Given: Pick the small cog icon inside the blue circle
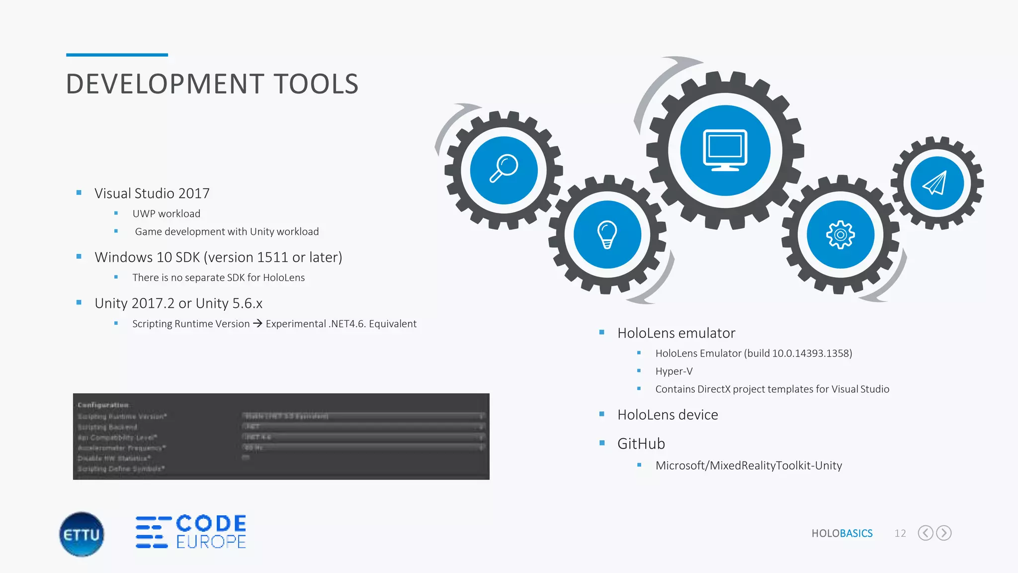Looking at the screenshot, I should tap(840, 235).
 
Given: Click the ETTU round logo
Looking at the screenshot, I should tap(82, 534).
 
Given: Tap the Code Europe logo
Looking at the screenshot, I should tap(191, 532).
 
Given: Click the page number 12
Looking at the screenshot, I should tap(900, 533).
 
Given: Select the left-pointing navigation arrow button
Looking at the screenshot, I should tap(925, 533).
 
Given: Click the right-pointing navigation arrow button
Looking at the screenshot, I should tap(943, 533).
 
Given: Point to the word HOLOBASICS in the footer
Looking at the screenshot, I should tap(842, 533).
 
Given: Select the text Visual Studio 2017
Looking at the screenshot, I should tap(152, 193).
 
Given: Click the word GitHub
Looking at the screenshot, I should tap(641, 443).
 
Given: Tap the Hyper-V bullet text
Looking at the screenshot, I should tap(674, 371).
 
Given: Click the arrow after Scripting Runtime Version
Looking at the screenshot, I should tap(257, 323).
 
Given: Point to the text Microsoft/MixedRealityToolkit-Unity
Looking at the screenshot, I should tap(748, 466).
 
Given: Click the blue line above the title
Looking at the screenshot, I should tap(117, 55).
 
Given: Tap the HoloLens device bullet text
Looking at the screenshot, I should tap(667, 414).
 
